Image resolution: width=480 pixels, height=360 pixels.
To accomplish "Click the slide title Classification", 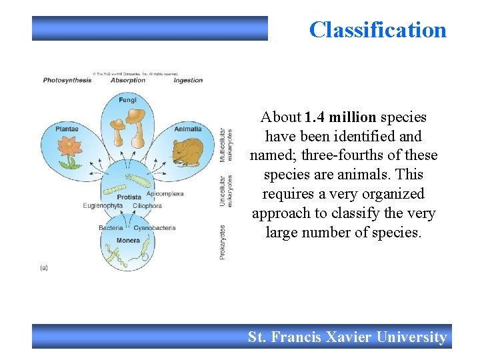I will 377,30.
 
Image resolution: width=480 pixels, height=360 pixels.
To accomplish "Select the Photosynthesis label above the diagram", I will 67,81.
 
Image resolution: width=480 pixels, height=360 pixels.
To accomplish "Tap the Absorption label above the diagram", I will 127,81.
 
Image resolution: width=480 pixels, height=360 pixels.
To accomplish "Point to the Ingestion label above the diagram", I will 188,81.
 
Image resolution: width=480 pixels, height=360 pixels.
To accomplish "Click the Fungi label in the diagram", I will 128,100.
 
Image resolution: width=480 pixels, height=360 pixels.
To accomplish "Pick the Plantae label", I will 67,129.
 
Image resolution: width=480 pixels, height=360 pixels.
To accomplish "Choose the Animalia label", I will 188,129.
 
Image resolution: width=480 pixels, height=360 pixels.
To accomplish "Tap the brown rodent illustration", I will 188,151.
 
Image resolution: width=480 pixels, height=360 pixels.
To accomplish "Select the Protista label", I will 129,197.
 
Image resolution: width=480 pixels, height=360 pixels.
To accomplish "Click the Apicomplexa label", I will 165,193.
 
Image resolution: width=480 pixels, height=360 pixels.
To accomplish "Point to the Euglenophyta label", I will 103,206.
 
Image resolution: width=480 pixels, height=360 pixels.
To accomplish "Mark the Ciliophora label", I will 147,206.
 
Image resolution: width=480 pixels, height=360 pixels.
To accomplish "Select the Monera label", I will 128,240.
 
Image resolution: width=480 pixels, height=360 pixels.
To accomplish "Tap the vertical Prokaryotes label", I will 223,241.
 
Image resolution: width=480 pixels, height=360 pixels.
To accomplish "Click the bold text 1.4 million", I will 340,117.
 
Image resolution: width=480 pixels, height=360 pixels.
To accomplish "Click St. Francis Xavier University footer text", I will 347,337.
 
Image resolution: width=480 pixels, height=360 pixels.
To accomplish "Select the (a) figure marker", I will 44,267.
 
